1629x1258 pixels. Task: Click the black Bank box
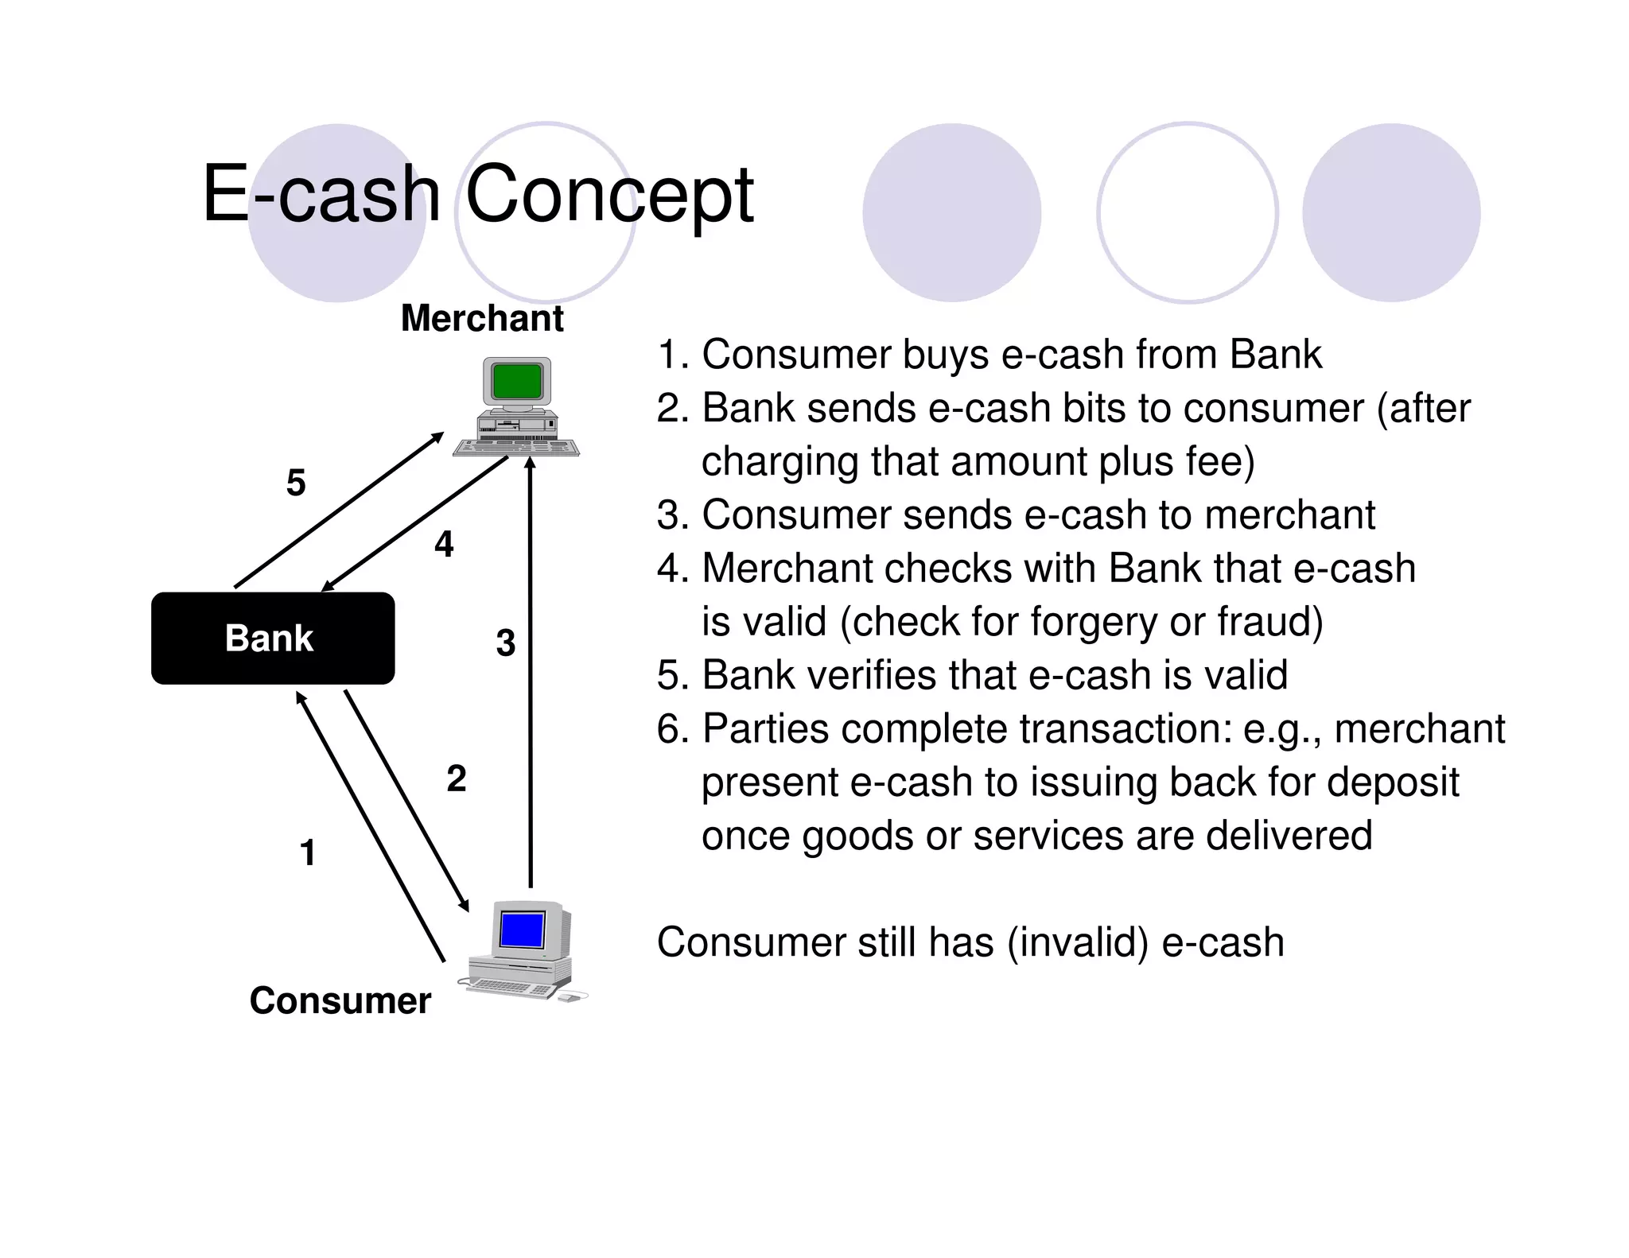(x=272, y=638)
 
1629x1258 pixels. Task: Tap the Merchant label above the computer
(x=482, y=318)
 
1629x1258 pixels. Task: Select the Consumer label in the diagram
(x=340, y=1000)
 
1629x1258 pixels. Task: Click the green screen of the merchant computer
(x=517, y=381)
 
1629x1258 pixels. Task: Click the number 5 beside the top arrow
(x=296, y=483)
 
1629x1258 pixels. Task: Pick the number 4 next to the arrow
(x=444, y=544)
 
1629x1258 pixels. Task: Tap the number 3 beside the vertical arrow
(x=506, y=643)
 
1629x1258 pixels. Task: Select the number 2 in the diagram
(x=457, y=778)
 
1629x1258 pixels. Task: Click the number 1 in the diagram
(x=308, y=852)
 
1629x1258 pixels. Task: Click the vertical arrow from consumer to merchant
(x=531, y=676)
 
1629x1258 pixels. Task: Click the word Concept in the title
(x=608, y=194)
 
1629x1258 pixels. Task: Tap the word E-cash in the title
(x=321, y=194)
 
